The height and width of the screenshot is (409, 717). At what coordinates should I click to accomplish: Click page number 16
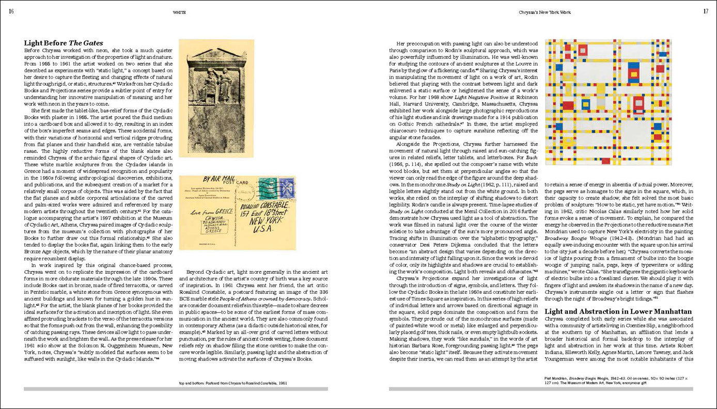tap(11, 11)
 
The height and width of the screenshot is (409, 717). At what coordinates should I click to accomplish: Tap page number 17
tap(706, 11)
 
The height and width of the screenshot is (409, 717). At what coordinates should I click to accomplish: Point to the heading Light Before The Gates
tap(64, 43)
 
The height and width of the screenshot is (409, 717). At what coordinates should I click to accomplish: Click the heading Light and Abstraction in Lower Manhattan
tap(618, 311)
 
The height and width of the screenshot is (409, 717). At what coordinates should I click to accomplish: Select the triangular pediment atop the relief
tap(216, 55)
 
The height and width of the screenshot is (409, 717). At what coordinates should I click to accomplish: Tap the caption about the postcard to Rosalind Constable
tap(233, 383)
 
